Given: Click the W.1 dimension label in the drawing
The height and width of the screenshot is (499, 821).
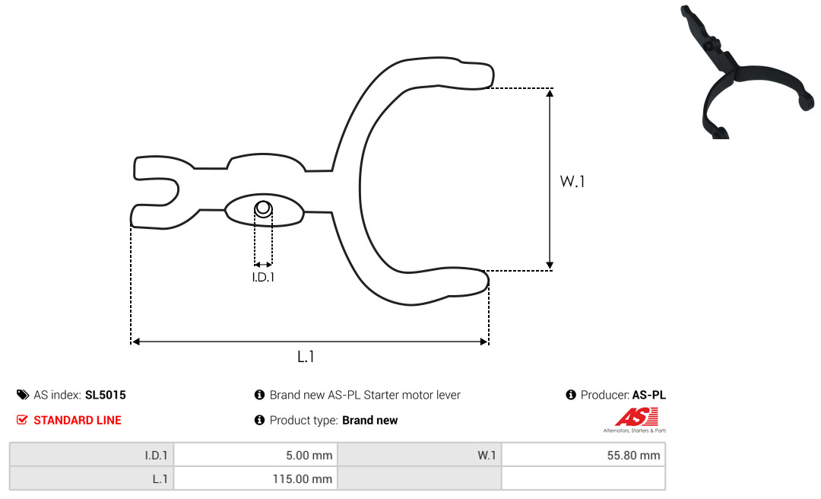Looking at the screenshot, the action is (572, 181).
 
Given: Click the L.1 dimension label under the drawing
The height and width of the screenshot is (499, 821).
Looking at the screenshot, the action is (306, 357).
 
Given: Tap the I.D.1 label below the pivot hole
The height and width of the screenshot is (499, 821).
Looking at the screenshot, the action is (263, 277).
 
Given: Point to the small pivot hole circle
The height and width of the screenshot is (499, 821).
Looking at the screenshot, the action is (263, 208).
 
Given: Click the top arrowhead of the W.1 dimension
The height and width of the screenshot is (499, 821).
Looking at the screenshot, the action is (550, 94).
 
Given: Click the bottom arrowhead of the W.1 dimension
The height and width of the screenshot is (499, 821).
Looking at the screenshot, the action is (550, 265).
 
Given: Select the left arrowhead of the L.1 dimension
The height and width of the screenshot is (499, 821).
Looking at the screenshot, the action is (135, 342).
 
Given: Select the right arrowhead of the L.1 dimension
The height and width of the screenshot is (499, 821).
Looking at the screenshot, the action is (483, 342).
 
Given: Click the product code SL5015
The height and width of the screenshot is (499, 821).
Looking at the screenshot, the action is (105, 395).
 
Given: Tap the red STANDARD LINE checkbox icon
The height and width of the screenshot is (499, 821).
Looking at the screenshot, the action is (22, 420).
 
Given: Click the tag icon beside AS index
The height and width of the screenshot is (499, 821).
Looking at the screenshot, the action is (23, 395).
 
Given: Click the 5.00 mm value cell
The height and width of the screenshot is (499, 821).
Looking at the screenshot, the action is (255, 455).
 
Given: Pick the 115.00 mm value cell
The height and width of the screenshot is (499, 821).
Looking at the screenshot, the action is (255, 478).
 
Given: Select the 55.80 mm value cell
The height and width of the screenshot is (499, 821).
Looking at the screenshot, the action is (583, 455).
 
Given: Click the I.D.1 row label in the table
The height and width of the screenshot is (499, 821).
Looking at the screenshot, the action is (92, 455).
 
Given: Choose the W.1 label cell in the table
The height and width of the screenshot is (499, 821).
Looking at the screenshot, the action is (420, 455).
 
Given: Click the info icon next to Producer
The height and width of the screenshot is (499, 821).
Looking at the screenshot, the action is (571, 395).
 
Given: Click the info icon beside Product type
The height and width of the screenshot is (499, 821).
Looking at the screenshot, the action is (259, 420).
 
